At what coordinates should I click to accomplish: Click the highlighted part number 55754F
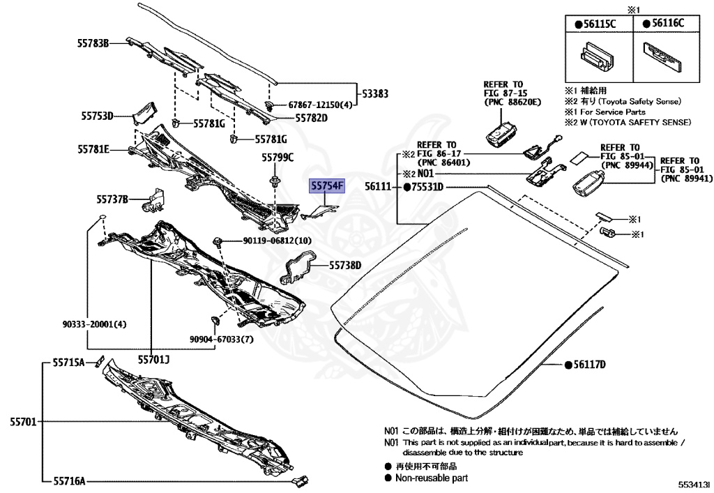[x=328, y=186]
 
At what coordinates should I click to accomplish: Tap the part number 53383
[x=374, y=93]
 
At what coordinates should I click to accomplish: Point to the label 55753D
[x=95, y=116]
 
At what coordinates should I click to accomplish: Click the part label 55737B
[x=113, y=200]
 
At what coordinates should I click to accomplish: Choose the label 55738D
[x=346, y=265]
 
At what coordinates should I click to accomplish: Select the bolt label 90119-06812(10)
[x=278, y=241]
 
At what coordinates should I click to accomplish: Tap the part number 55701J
[x=153, y=360]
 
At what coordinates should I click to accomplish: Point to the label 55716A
[x=68, y=480]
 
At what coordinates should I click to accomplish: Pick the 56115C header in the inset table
[x=596, y=24]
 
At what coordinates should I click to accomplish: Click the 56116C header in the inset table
[x=664, y=24]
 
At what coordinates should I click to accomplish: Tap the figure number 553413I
[x=692, y=483]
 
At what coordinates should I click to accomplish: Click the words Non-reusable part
[x=432, y=478]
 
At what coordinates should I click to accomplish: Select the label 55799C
[x=278, y=158]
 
